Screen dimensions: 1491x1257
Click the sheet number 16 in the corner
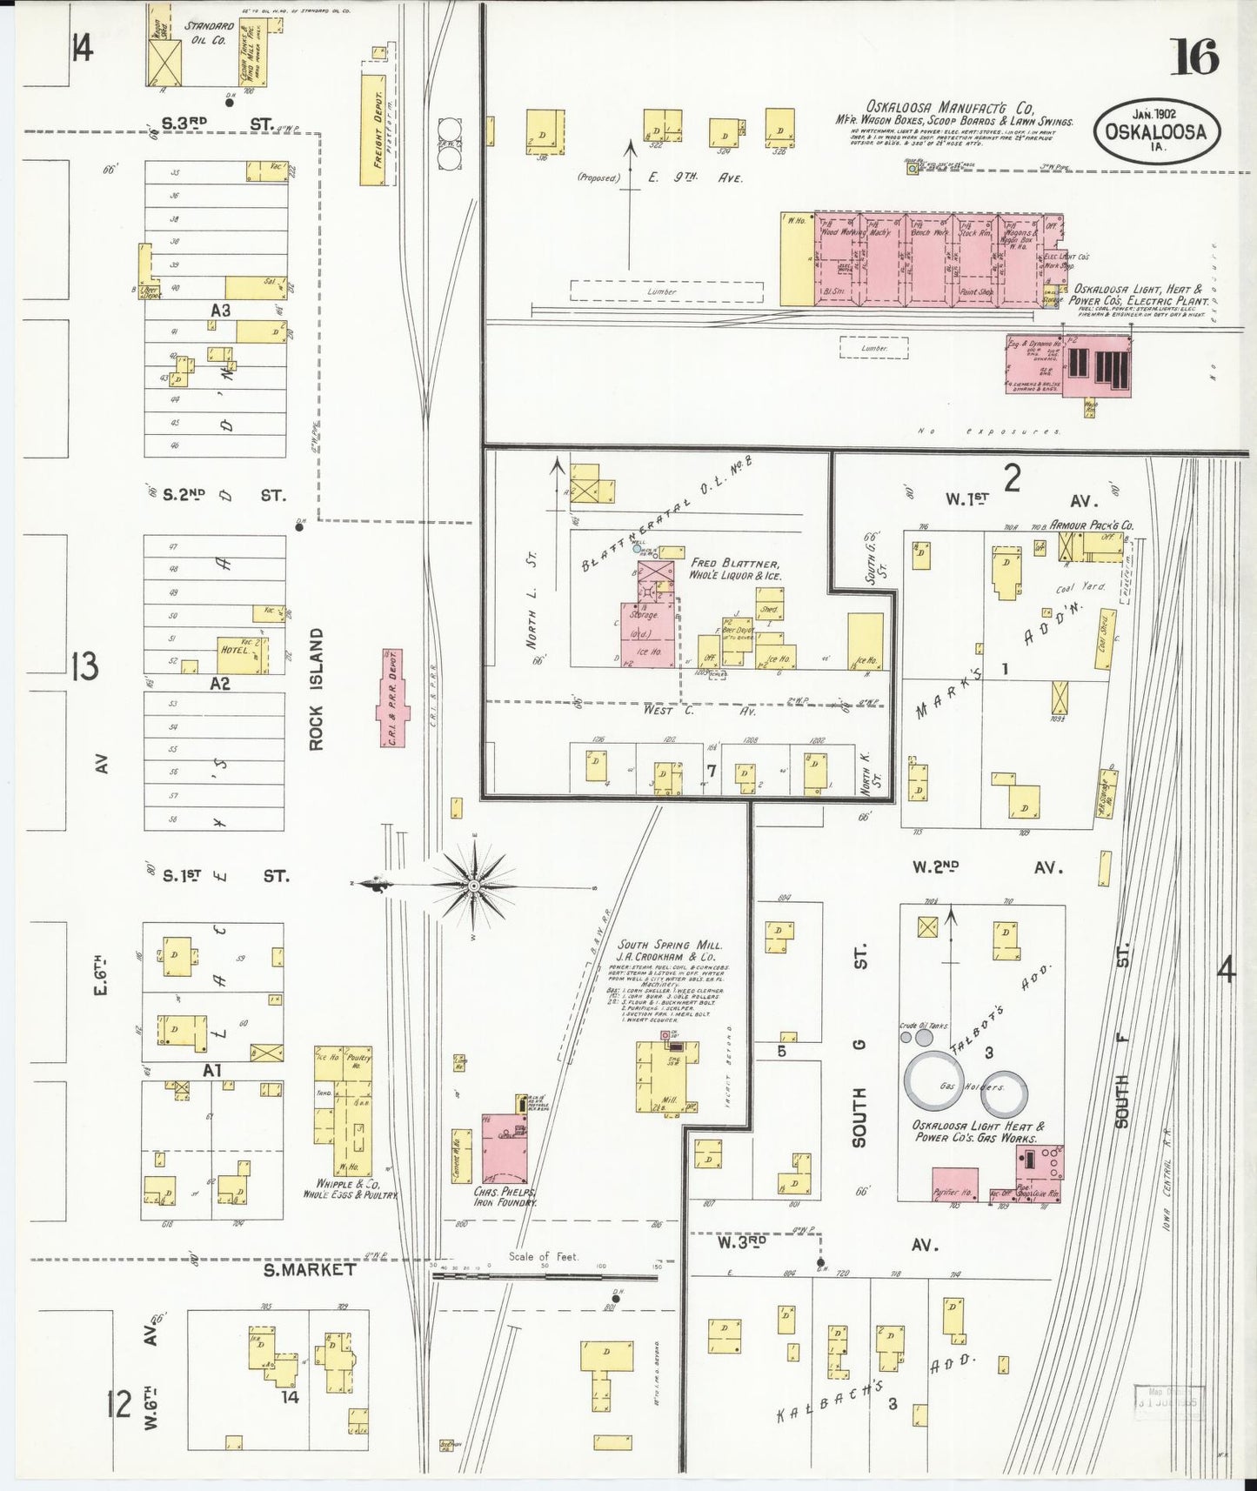click(x=1193, y=57)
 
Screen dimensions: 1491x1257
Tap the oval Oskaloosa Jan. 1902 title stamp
click(x=1156, y=131)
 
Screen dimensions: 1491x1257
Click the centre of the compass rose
click(x=474, y=886)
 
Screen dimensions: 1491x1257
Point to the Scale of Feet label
click(x=543, y=1256)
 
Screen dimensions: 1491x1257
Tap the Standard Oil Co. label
click(x=209, y=33)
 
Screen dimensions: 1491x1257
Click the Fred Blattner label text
click(x=735, y=564)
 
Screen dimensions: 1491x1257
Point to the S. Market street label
click(x=309, y=1269)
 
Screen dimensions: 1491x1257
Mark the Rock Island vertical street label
click(x=315, y=689)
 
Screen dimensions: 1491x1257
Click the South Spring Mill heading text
click(x=665, y=944)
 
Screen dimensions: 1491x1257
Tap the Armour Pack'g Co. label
click(x=1091, y=525)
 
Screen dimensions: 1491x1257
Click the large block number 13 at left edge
click(x=84, y=666)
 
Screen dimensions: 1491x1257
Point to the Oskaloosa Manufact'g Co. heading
click(x=949, y=108)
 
